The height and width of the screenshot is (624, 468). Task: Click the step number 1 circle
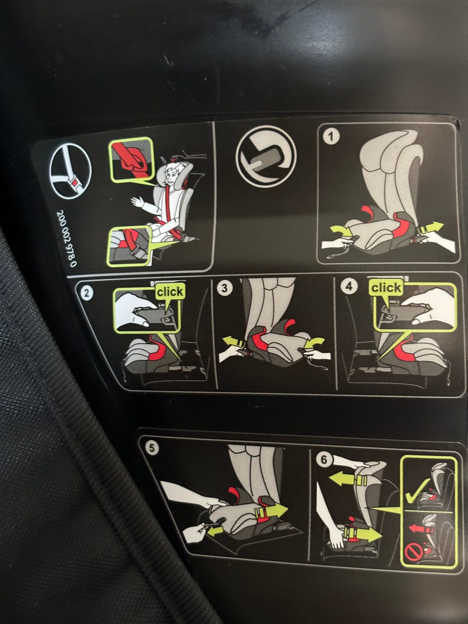(x=331, y=136)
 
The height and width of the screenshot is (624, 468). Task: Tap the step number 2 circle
(x=86, y=292)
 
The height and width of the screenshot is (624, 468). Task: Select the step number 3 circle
(x=224, y=288)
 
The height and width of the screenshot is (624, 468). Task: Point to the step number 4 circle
(x=349, y=286)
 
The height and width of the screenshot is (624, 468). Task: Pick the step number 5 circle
(x=152, y=448)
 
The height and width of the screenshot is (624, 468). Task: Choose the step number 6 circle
(x=324, y=459)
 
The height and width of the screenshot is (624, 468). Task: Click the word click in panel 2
(x=170, y=292)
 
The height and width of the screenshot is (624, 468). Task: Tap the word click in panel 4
(x=386, y=288)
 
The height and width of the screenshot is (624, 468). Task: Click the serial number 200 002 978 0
(x=67, y=238)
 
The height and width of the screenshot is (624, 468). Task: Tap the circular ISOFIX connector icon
(x=266, y=156)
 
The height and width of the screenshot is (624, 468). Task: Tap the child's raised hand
(x=137, y=202)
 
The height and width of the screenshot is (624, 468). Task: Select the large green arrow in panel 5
(x=271, y=512)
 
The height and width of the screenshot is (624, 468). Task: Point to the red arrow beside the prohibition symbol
(x=421, y=529)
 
